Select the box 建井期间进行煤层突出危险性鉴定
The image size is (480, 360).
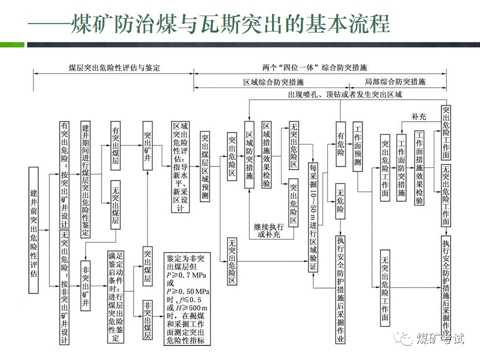point(85,178)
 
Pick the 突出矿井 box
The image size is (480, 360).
point(148,145)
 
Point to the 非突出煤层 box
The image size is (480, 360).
point(148,320)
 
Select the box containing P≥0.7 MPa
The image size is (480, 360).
point(187,299)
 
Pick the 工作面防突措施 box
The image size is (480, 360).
point(401,167)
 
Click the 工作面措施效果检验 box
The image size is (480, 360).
point(419,167)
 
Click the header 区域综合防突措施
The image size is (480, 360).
point(273,81)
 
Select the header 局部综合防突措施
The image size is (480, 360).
point(395,81)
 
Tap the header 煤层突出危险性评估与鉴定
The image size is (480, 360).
point(114,67)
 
